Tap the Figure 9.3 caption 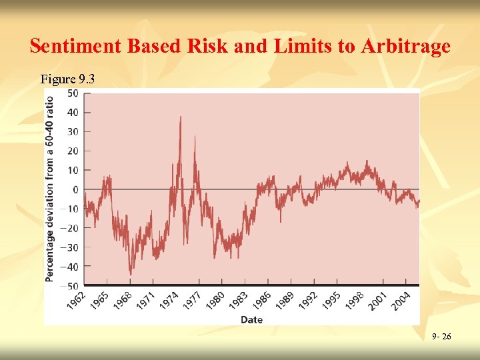[x=67, y=79]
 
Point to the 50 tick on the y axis [x=72, y=93]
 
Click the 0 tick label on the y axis [x=75, y=190]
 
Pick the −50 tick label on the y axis [x=70, y=286]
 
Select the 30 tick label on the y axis [x=72, y=132]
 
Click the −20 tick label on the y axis [x=70, y=228]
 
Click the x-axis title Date [x=251, y=320]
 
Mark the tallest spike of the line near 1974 [x=180, y=117]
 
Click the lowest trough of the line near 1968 [x=130, y=273]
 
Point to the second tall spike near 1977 [x=195, y=137]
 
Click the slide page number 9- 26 [x=441, y=337]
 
